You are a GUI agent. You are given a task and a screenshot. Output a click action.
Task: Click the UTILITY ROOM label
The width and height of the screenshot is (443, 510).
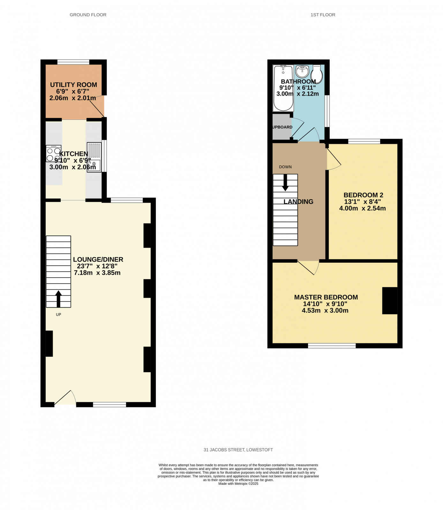(73, 85)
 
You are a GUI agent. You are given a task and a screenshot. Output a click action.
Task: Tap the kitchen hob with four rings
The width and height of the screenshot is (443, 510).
(53, 154)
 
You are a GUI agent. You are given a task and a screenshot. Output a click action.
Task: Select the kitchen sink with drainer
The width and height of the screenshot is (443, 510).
(94, 157)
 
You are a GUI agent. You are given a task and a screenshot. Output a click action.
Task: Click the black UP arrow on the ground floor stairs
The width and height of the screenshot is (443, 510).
(58, 298)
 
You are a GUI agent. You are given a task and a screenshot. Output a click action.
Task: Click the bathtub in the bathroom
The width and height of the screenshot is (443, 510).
(283, 88)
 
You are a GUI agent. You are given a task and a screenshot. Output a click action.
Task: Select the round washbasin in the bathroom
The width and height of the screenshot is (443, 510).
(302, 71)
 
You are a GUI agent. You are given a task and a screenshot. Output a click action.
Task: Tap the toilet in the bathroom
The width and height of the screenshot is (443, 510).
(316, 74)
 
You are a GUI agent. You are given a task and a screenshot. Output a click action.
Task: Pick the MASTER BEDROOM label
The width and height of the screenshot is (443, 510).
(326, 297)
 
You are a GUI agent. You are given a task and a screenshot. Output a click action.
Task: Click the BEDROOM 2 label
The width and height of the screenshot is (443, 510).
(363, 195)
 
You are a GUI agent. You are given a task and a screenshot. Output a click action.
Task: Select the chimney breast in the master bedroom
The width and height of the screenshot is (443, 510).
(389, 301)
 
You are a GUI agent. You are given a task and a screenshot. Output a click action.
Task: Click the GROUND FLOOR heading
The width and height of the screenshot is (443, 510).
(88, 15)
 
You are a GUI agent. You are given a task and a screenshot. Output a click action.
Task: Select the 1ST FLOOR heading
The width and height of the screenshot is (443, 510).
(323, 15)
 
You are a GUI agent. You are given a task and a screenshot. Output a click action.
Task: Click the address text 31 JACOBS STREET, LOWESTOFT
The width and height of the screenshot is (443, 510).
(238, 450)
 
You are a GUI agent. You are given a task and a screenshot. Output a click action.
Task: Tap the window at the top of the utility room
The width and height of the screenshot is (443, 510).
(73, 62)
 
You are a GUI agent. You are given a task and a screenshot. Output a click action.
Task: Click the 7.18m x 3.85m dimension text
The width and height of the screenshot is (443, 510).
(97, 273)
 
